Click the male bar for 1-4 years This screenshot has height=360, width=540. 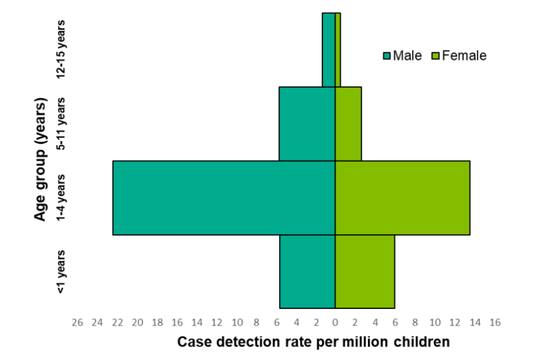click(224, 197)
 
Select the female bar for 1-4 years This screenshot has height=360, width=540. click(402, 197)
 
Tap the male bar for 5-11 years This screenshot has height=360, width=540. click(307, 124)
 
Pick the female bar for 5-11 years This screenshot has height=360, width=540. click(348, 124)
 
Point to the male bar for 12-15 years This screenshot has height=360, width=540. click(328, 49)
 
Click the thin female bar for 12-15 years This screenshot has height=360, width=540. click(337, 49)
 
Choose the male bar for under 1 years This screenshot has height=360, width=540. click(307, 271)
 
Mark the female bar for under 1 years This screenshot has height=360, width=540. click(364, 271)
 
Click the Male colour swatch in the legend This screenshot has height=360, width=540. click(386, 56)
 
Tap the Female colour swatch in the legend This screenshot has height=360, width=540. click(435, 56)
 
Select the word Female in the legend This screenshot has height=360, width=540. click(464, 56)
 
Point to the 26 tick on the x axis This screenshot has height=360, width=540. click(78, 323)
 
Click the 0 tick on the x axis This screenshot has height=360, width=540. click(335, 323)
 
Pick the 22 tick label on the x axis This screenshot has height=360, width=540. click(117, 323)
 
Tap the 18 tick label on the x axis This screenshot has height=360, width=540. click(157, 323)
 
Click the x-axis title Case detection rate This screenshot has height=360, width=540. click(313, 341)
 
